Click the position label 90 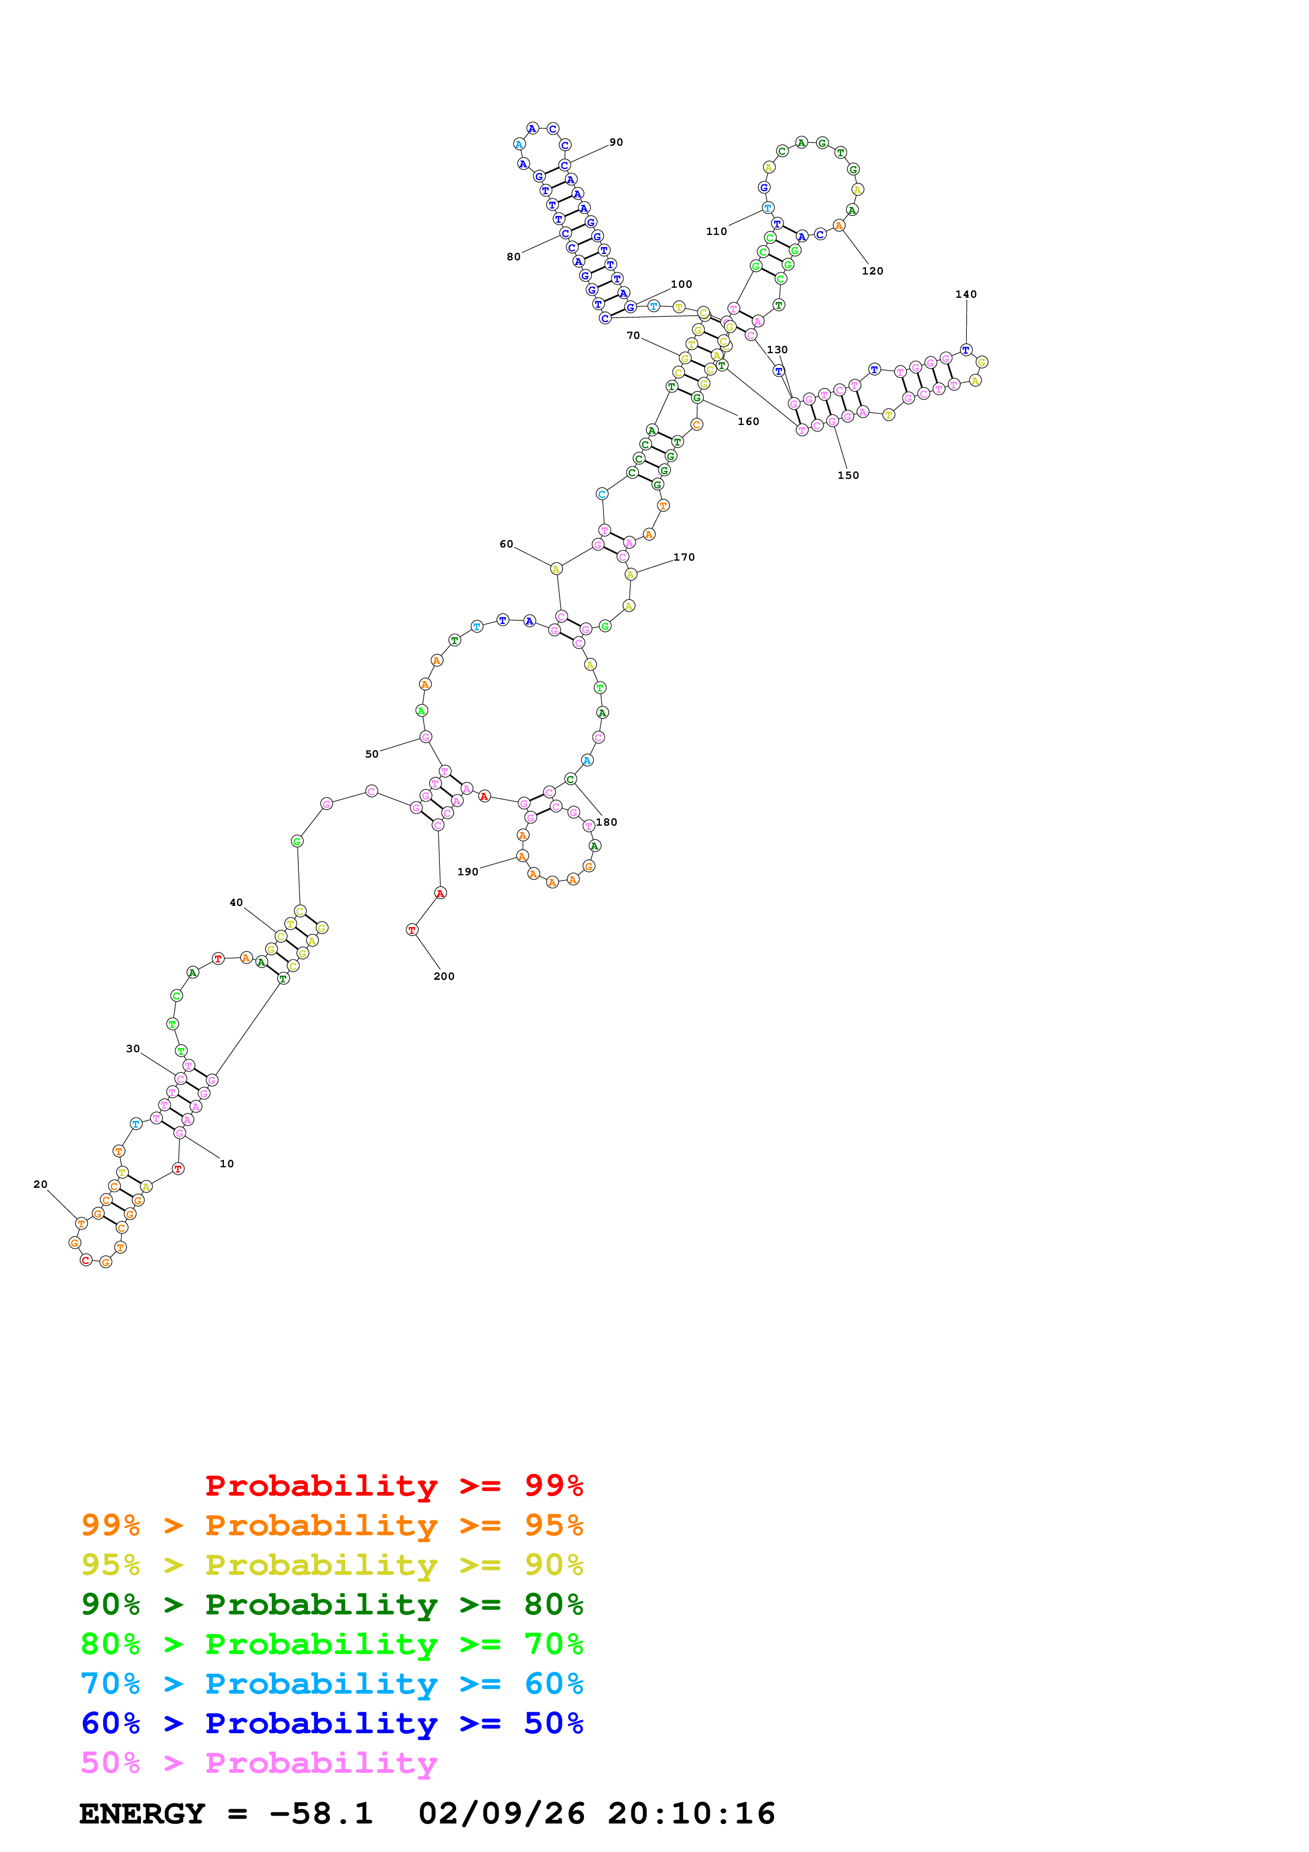coord(616,142)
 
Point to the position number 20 coord(40,1184)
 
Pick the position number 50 coord(372,754)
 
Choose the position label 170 coord(684,558)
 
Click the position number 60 coord(506,544)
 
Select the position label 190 coord(468,872)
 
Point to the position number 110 coord(716,231)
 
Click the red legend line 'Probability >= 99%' coord(393,1485)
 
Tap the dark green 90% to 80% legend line coord(332,1604)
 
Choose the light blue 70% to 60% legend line coord(332,1684)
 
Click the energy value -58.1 coord(321,1814)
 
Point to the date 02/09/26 coord(501,1814)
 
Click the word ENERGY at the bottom coord(142,1814)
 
